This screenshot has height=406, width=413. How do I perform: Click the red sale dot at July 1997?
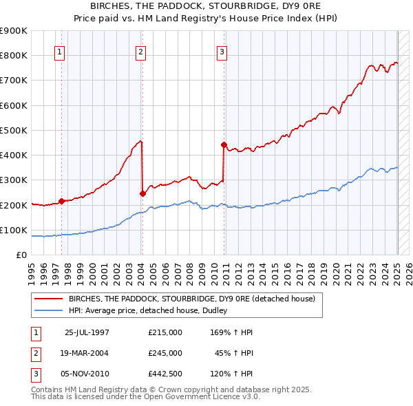[61, 201]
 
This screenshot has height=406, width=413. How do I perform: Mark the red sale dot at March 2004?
[142, 193]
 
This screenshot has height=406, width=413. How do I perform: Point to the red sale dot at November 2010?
[224, 145]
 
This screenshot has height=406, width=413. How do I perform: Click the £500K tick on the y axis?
[14, 130]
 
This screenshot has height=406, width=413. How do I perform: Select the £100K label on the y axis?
[14, 230]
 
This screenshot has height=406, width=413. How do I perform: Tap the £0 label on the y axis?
[21, 255]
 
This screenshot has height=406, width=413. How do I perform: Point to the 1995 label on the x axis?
[32, 272]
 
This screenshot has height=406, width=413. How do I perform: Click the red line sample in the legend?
[49, 299]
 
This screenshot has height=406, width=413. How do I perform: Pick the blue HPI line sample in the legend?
[49, 310]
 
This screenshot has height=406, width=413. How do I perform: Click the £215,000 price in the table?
[165, 332]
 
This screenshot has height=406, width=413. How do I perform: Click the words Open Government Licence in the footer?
[196, 396]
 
